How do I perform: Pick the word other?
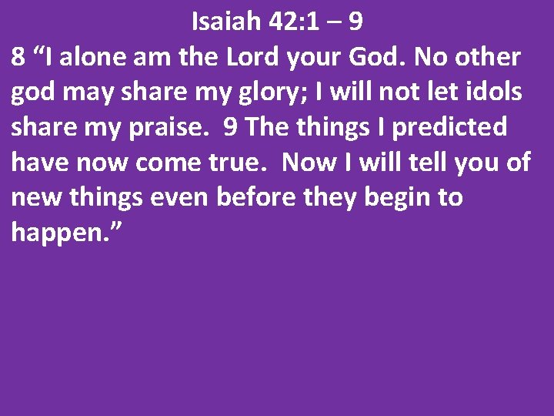[489, 57]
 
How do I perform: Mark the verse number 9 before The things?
[229, 127]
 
